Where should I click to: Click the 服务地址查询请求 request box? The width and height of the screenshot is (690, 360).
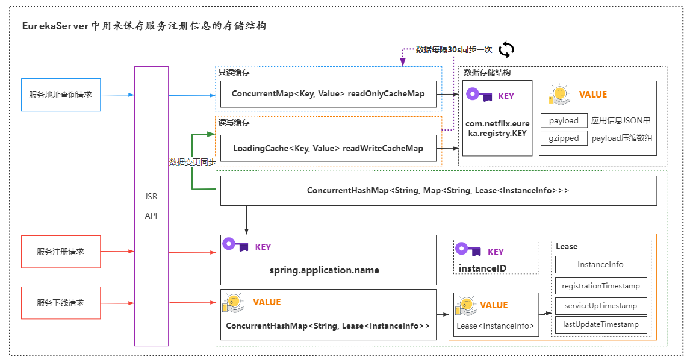coord(60,95)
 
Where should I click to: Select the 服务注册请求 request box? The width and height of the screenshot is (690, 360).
coord(60,252)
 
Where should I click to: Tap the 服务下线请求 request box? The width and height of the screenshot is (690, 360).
coord(60,303)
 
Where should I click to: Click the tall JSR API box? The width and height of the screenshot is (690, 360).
coord(151,206)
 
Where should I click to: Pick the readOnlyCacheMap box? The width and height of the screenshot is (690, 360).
coord(328,94)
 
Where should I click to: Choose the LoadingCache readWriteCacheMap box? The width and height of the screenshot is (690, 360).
coord(328,149)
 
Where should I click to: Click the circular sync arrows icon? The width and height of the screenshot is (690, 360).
coord(506,49)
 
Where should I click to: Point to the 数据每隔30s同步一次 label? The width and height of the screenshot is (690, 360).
coord(454,49)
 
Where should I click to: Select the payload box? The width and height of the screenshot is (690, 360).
coord(564,120)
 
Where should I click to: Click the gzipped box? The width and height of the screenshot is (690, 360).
coord(564,138)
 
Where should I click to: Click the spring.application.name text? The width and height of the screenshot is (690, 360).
coord(325,270)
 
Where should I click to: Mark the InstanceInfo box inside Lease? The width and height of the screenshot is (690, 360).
coord(600,264)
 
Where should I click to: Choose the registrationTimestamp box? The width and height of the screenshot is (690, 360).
coord(600,285)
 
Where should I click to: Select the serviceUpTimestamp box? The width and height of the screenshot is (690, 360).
coord(600,305)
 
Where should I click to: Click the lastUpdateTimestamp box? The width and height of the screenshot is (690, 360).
coord(600,324)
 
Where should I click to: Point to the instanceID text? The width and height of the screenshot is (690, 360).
coord(482,268)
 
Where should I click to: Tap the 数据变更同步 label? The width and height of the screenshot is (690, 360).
coord(192,162)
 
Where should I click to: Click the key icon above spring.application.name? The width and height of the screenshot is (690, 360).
coord(235,244)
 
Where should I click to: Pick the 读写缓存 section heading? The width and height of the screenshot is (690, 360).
coord(234,122)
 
